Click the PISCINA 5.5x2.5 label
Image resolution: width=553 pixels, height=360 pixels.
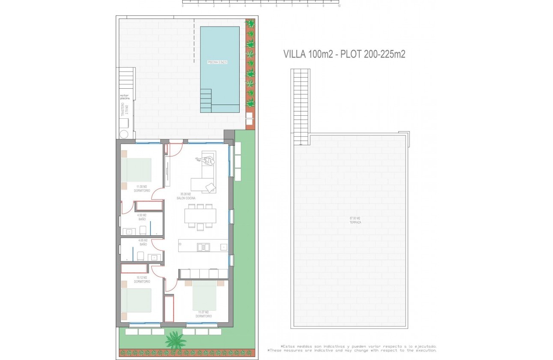[x=217, y=62]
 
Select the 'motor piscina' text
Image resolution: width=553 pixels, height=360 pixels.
[x=125, y=97]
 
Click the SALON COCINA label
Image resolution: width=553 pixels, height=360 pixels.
[x=186, y=196]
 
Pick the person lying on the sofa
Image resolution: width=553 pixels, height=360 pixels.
[x=206, y=161]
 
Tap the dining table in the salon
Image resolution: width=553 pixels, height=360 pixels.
[x=200, y=216]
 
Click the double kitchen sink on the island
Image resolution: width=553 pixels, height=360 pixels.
[x=203, y=246]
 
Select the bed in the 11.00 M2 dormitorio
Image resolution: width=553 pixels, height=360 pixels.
[x=136, y=170]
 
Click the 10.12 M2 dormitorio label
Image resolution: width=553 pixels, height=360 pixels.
[x=142, y=279]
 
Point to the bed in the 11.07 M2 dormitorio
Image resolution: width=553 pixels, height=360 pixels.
[x=204, y=295]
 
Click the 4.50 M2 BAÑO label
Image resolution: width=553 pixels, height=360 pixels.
[x=142, y=217]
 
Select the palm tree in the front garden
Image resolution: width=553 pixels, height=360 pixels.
[x=176, y=340]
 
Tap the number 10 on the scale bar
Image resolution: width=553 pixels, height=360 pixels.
[x=339, y=6]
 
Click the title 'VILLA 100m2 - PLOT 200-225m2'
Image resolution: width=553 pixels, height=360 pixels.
[x=344, y=54]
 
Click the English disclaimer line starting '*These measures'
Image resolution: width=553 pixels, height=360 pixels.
[x=352, y=351]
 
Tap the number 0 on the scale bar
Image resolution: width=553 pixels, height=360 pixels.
[x=183, y=6]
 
